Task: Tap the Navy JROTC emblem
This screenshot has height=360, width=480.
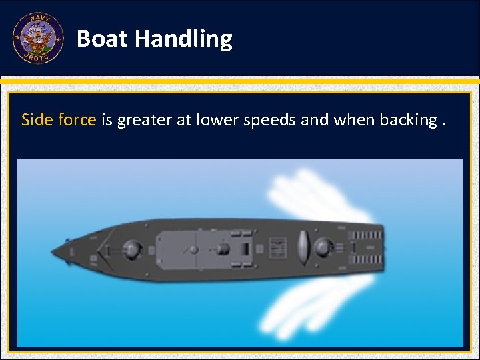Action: (38, 39)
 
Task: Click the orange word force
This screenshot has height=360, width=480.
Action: (77, 120)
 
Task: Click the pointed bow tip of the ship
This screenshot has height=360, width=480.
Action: (53, 252)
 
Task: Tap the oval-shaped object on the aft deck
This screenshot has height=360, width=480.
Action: (302, 246)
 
